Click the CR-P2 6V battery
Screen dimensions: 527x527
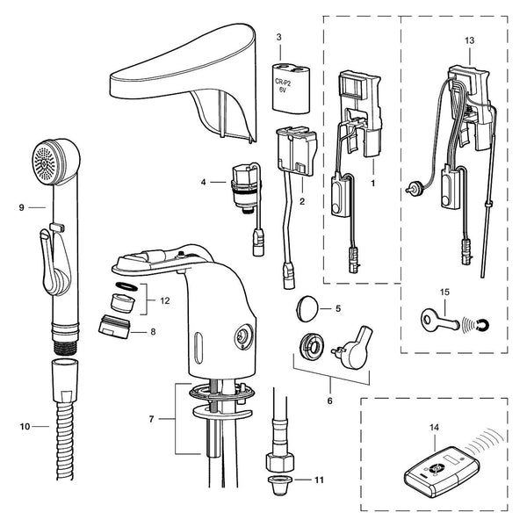point(291,87)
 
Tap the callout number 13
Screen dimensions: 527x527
point(469,40)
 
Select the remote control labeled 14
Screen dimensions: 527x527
point(442,472)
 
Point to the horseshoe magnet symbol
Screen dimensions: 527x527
point(483,325)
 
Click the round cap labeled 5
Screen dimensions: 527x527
point(307,308)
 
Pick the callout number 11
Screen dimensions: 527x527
point(319,480)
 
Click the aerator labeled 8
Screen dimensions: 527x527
point(114,327)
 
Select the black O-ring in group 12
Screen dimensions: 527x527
point(126,286)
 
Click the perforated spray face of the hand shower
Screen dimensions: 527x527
point(45,162)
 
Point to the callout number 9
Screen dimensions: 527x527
point(21,207)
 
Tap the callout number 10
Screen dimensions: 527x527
point(25,427)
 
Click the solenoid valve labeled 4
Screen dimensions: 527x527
point(246,189)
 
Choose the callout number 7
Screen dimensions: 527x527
point(151,419)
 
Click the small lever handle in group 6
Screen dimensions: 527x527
point(355,348)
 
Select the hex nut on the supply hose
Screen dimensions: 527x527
point(280,462)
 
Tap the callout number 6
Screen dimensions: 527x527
point(329,401)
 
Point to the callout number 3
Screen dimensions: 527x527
point(279,37)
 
